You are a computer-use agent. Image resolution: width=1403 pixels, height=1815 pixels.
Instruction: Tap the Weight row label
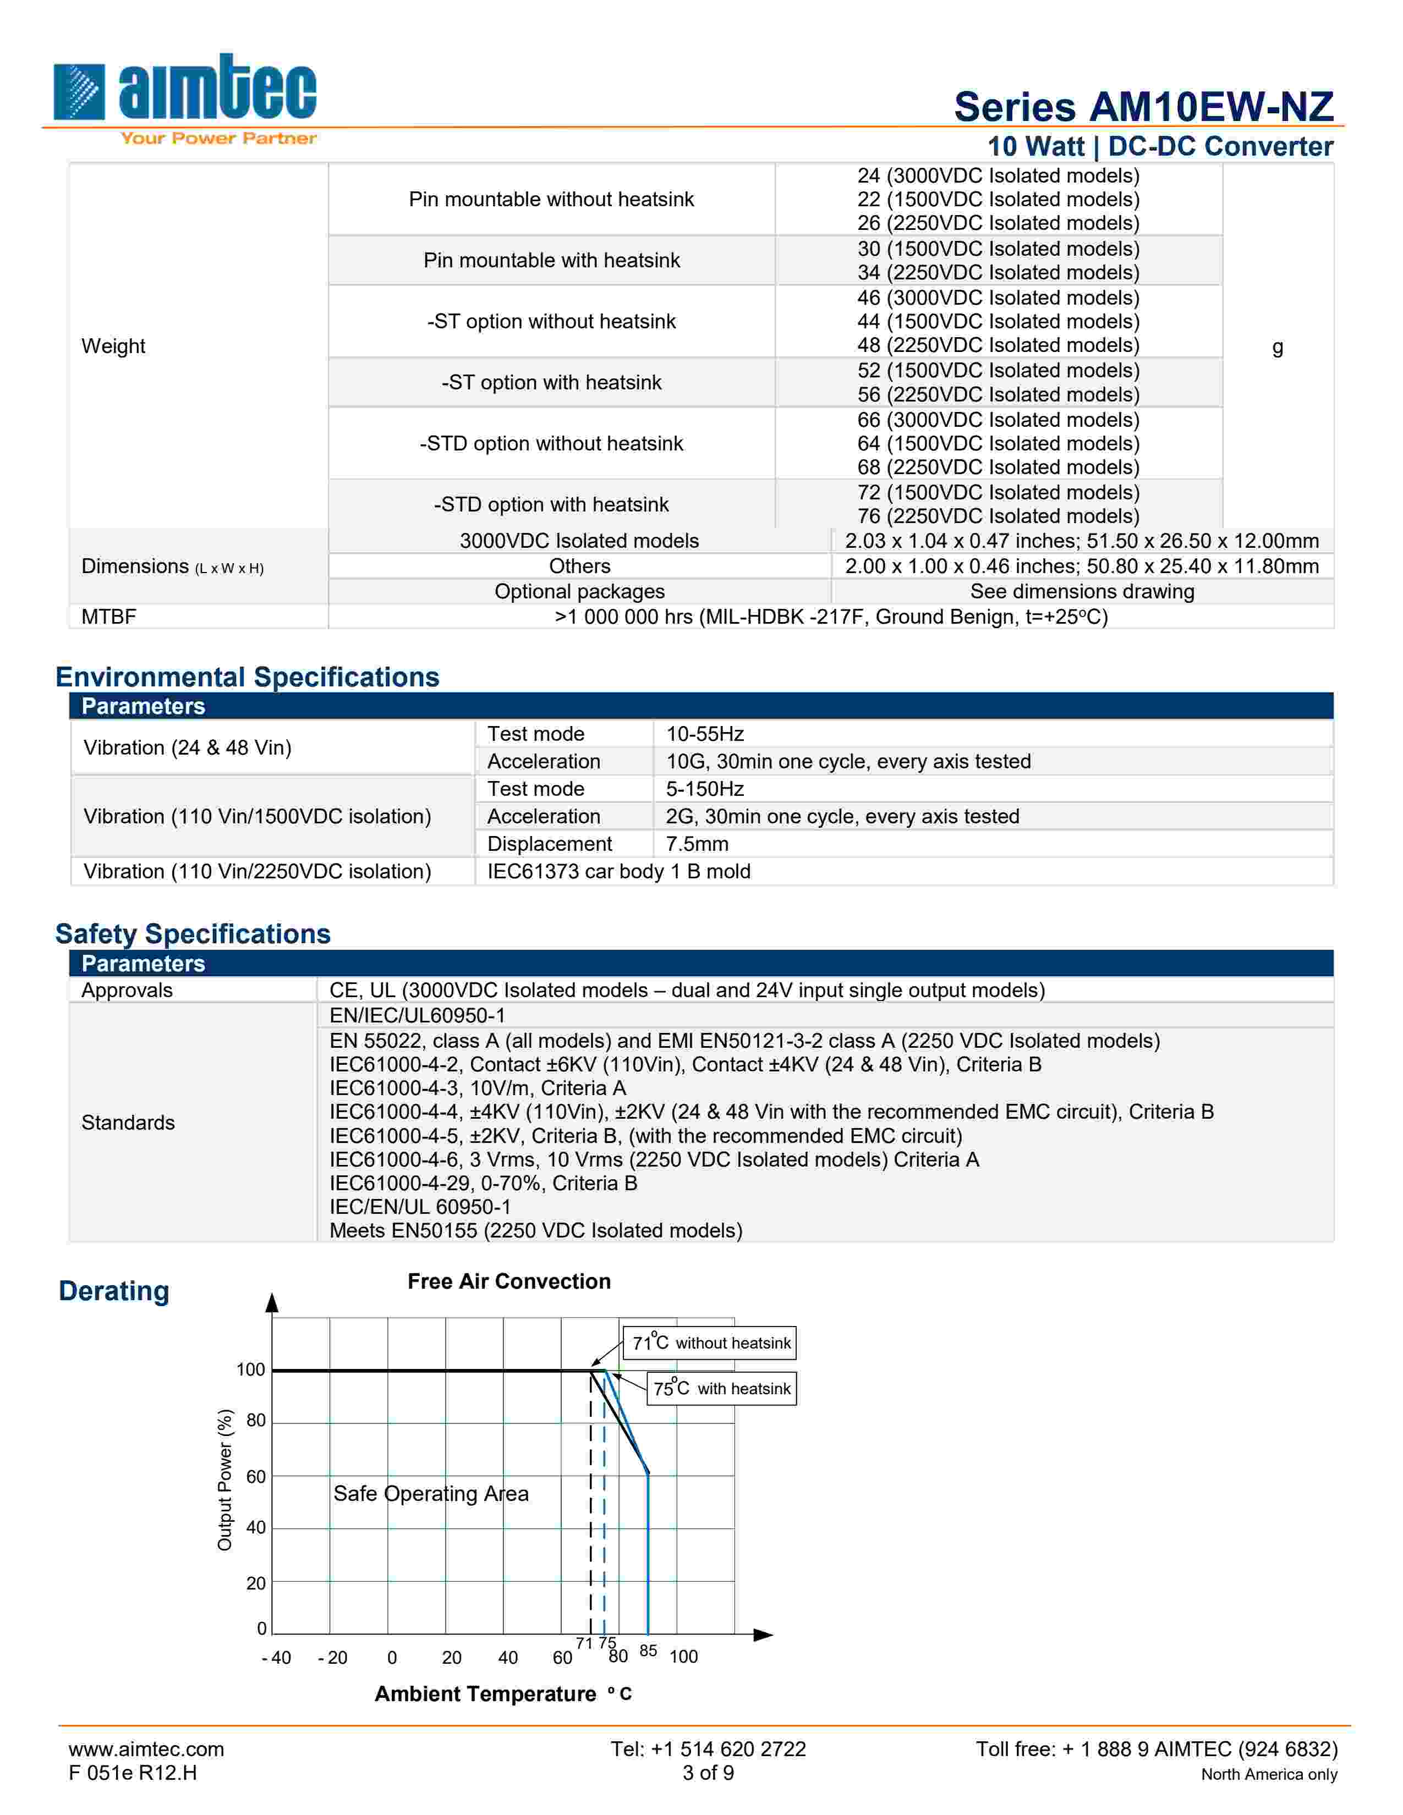[113, 346]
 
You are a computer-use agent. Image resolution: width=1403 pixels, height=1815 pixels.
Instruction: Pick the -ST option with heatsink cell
[551, 382]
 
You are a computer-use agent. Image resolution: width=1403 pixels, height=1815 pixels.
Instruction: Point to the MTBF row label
[109, 617]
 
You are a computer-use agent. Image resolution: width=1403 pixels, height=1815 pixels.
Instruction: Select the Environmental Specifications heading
[247, 676]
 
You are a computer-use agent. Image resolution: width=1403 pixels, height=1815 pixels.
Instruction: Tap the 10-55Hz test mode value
[705, 734]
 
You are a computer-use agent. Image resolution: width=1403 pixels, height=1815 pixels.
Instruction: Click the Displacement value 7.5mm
[697, 844]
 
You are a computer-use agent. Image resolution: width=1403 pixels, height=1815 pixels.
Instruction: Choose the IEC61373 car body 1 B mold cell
[618, 871]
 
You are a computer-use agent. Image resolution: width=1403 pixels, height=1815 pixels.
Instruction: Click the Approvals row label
[127, 990]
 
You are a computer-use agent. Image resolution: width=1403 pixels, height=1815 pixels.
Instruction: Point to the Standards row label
[128, 1123]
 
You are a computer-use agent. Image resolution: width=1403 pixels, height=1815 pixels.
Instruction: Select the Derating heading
[114, 1291]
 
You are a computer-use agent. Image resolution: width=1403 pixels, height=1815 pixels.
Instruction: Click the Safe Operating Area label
[431, 1493]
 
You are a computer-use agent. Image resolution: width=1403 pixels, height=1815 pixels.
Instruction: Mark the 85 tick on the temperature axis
[648, 1651]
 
